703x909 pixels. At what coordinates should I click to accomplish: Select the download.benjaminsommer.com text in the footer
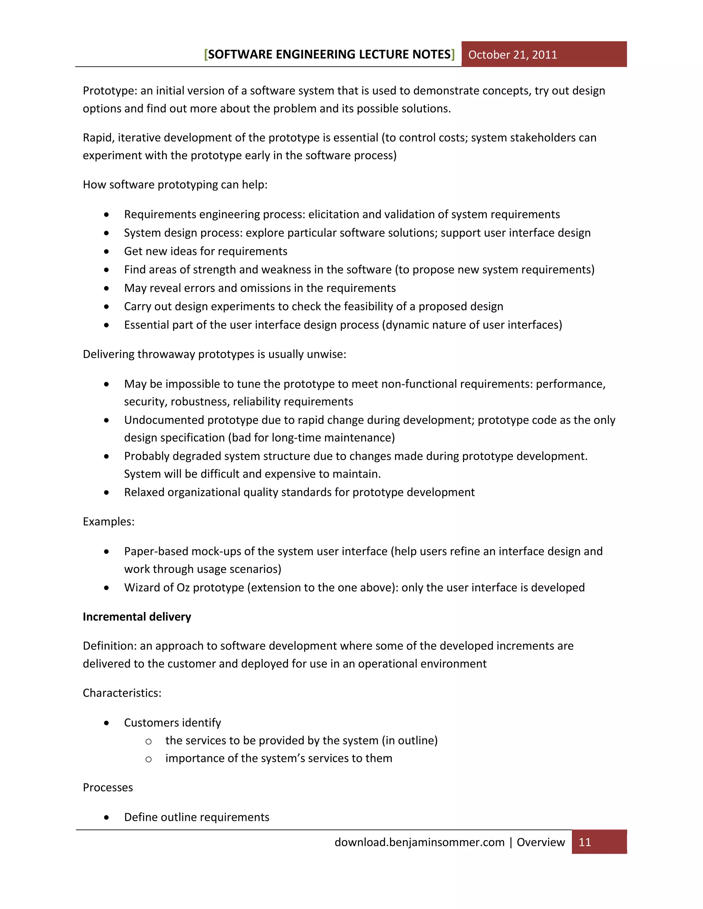419,842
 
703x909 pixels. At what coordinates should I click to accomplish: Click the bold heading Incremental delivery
137,617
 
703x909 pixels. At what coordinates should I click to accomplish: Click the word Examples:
108,521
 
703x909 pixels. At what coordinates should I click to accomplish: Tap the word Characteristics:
122,693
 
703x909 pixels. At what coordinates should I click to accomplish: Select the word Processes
107,788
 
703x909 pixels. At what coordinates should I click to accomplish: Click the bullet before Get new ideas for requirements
107,251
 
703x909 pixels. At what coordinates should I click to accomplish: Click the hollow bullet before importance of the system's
148,759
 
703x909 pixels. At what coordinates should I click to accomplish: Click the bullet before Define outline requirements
107,817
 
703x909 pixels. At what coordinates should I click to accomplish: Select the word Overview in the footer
541,842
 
